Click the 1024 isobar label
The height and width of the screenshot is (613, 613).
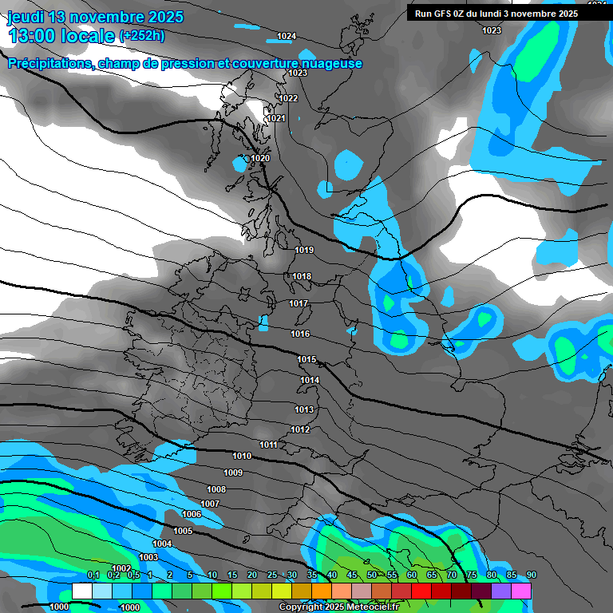tap(287, 37)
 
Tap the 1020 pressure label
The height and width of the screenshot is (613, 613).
tap(261, 158)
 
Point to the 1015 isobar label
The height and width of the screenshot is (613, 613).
tap(307, 359)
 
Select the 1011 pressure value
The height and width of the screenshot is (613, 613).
tap(269, 445)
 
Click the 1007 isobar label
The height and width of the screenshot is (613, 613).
tap(210, 504)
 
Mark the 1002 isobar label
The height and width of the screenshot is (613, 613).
tap(121, 568)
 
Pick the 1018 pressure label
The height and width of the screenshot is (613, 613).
tap(302, 276)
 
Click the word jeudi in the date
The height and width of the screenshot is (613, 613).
tap(24, 16)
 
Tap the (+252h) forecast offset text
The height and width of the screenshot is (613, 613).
tap(142, 35)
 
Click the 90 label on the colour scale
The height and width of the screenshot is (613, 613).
tap(532, 575)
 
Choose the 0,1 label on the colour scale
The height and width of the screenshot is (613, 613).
tap(93, 575)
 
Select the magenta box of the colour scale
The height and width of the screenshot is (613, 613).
tap(521, 591)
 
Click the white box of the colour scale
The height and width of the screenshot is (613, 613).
tap(82, 591)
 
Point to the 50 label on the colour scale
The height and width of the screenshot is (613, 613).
tap(372, 575)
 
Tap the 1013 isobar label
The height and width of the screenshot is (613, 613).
tap(304, 409)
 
